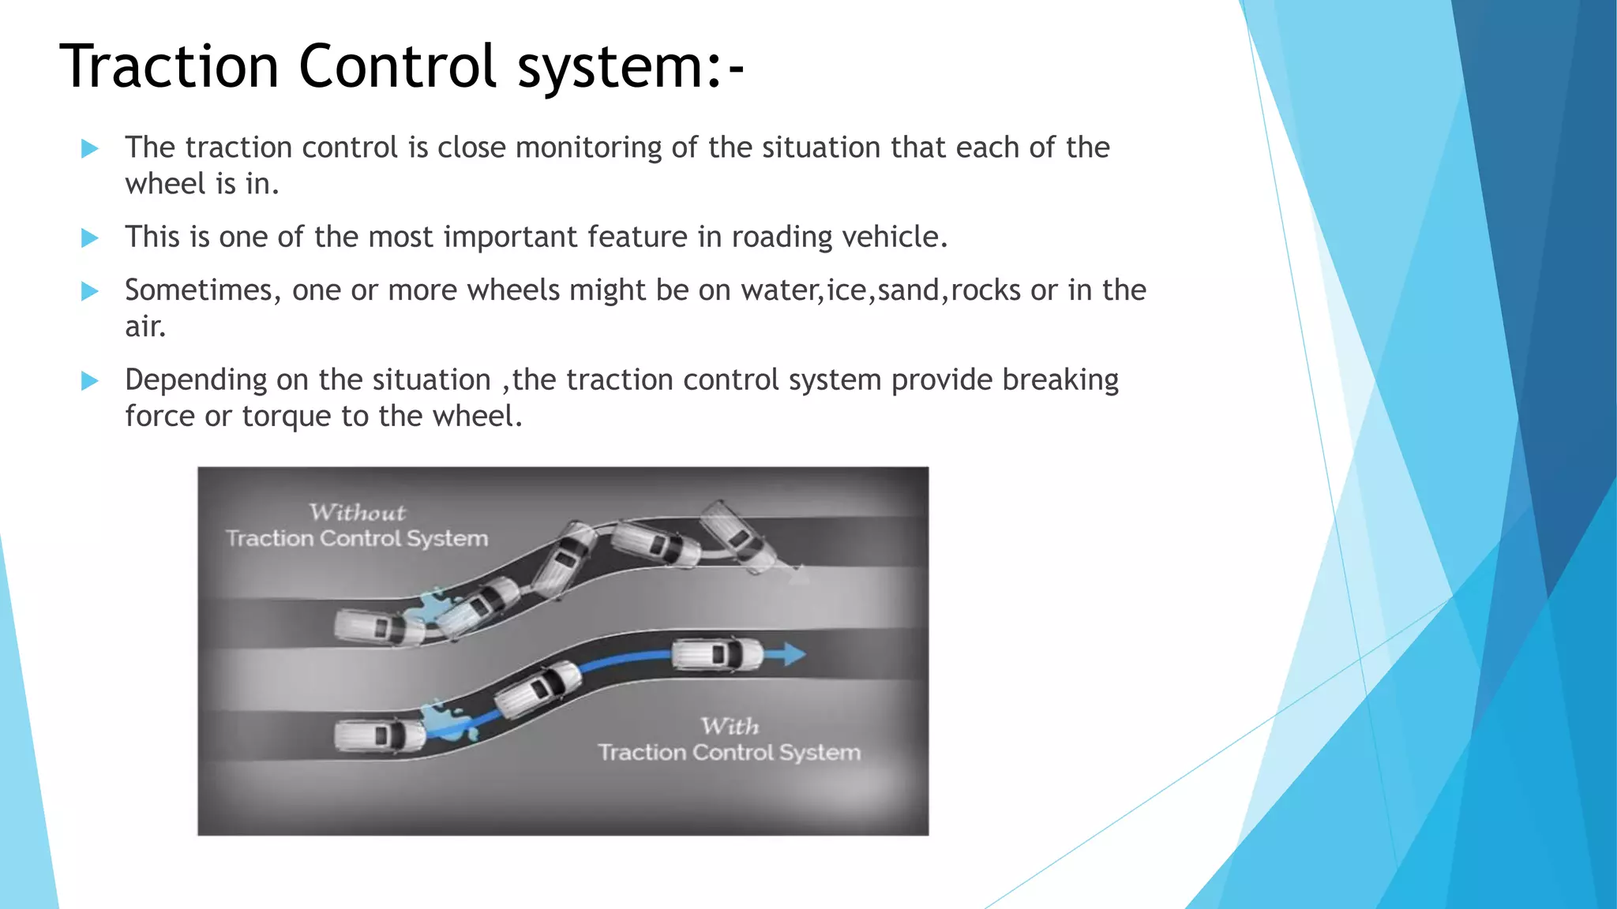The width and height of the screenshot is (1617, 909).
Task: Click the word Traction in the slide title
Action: click(x=169, y=66)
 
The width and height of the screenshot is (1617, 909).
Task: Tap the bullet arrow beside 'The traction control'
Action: click(x=89, y=148)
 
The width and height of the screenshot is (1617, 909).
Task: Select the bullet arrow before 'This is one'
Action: click(x=89, y=238)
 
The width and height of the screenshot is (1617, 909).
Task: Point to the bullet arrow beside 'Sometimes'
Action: click(x=89, y=291)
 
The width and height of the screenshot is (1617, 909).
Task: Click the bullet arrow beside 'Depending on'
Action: click(x=89, y=381)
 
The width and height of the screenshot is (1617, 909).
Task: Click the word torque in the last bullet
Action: click(x=287, y=417)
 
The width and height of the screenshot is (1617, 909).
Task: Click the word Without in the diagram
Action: click(x=357, y=513)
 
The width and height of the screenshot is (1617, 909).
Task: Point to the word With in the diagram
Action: click(x=730, y=726)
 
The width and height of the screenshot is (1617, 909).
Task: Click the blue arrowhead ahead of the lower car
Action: click(x=793, y=654)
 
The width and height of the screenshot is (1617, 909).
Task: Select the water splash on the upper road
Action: click(x=431, y=606)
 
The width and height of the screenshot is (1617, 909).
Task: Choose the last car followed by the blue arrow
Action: click(x=715, y=654)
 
